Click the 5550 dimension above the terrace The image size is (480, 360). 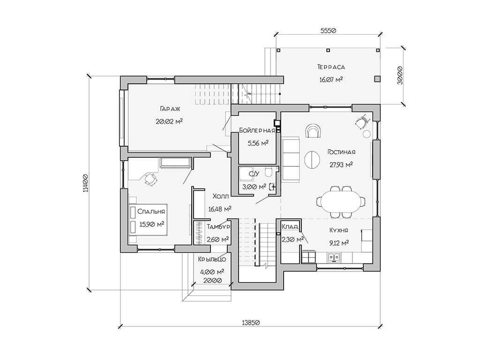click(x=328, y=30)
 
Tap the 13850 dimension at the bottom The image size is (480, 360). click(x=251, y=322)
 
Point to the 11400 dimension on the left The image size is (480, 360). click(x=85, y=183)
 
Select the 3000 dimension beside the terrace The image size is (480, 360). click(x=399, y=75)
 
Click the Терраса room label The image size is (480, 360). click(x=331, y=67)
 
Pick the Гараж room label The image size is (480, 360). click(x=170, y=109)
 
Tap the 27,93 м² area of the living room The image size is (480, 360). click(x=341, y=165)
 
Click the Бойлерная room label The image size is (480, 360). click(x=257, y=130)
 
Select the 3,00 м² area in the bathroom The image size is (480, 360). click(x=254, y=187)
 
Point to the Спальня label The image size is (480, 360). click(x=151, y=211)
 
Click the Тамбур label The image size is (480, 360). click(x=218, y=227)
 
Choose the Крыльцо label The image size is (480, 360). click(x=212, y=260)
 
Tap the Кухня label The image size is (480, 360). click(x=338, y=230)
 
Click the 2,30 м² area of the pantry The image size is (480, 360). click(x=292, y=239)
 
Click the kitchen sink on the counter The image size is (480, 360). click(x=334, y=257)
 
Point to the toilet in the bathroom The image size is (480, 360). click(x=269, y=172)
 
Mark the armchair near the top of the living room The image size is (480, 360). click(x=314, y=131)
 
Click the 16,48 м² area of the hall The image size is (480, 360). click(x=220, y=209)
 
